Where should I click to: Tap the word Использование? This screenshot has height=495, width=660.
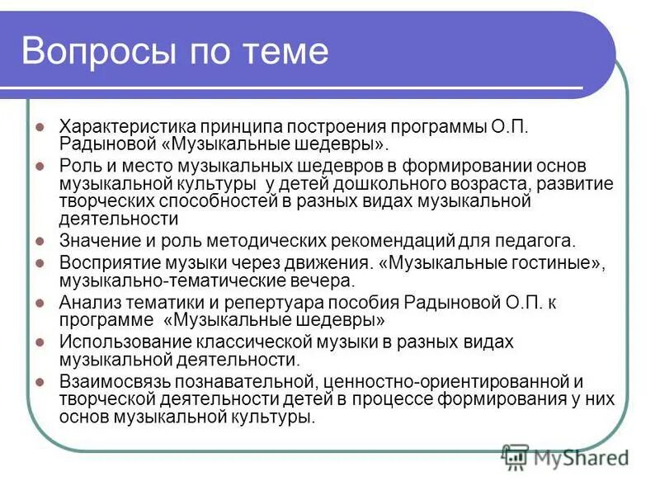[120, 342]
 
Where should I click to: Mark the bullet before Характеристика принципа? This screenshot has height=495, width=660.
[40, 127]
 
